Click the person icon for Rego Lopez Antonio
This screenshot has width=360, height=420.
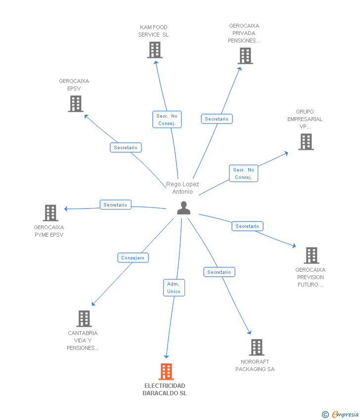click(x=183, y=208)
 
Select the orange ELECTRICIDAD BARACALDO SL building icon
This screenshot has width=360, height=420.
click(x=166, y=372)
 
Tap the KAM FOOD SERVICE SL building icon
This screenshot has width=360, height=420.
click(x=155, y=50)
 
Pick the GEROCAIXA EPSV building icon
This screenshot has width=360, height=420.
click(x=76, y=104)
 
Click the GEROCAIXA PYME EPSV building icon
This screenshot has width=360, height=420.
click(x=50, y=213)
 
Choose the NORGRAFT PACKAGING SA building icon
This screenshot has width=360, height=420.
click(x=257, y=347)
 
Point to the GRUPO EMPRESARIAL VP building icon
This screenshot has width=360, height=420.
click(x=306, y=142)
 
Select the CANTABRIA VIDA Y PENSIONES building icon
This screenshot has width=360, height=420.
click(x=85, y=319)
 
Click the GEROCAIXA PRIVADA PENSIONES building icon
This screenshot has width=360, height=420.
click(x=246, y=56)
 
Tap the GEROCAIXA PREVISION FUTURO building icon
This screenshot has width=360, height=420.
click(x=312, y=255)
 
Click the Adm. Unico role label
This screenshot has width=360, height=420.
click(x=174, y=288)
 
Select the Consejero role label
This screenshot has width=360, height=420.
click(x=133, y=257)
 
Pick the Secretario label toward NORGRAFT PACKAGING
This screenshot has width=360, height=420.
click(x=219, y=272)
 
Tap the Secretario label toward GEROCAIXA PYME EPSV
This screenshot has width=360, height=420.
click(x=115, y=205)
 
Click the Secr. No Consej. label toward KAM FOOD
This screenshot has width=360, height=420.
click(x=167, y=120)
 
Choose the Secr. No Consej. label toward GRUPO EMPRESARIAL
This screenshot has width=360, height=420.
click(x=244, y=173)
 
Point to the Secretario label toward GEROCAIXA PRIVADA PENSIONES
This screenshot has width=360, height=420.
click(x=217, y=119)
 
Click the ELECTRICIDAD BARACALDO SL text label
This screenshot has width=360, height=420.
click(x=165, y=389)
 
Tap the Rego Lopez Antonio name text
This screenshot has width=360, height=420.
click(x=182, y=188)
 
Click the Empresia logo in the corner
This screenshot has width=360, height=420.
click(x=341, y=415)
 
